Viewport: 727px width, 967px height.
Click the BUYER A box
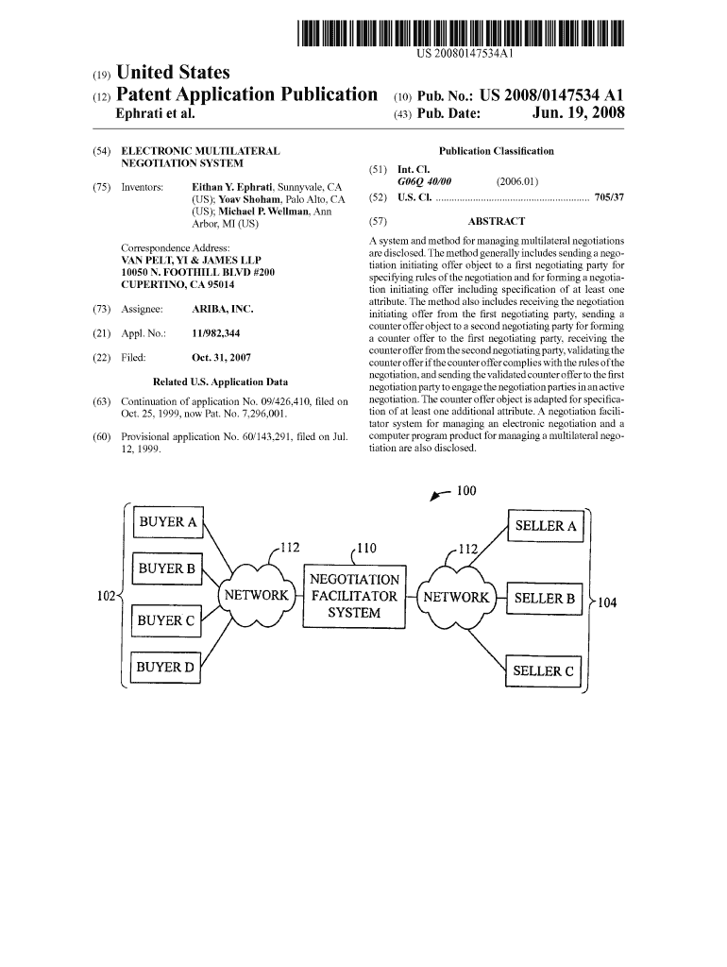168,522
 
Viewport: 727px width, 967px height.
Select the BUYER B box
166,568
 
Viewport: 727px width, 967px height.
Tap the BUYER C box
166,620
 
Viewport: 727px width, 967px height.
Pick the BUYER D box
166,669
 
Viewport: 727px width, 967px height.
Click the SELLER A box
546,526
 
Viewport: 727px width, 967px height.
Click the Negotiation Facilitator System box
354,596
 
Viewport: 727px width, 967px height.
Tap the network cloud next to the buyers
255,596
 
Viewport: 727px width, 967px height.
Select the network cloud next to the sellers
457,597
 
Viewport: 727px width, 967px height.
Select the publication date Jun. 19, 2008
576,114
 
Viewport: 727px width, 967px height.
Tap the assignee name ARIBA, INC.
222,309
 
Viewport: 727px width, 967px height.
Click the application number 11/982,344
215,333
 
